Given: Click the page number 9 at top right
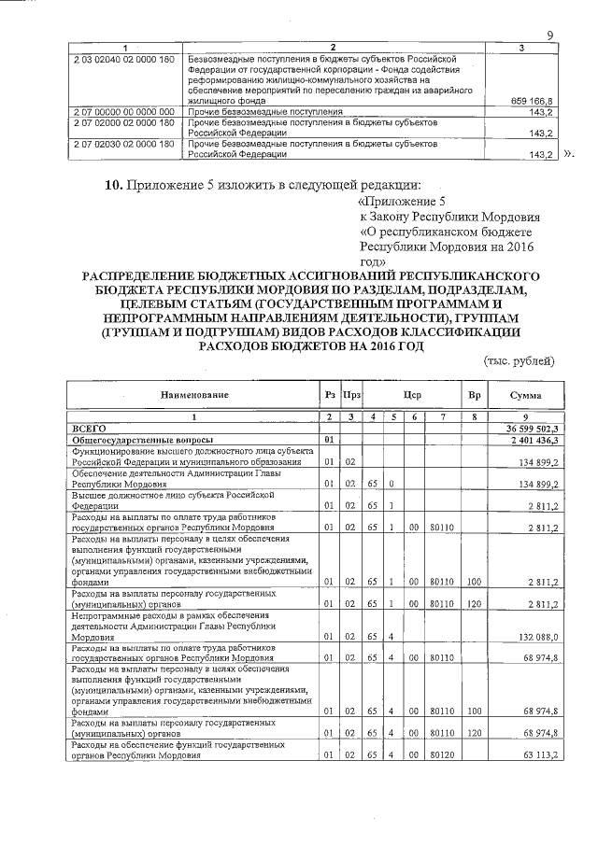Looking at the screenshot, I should [550, 35].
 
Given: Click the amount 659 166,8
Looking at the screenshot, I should [534, 100].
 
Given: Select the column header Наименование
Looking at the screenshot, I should [194, 395].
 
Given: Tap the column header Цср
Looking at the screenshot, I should [413, 395].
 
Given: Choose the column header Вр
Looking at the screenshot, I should [474, 395].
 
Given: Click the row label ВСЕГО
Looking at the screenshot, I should [91, 428].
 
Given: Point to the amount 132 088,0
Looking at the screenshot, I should [537, 637].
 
